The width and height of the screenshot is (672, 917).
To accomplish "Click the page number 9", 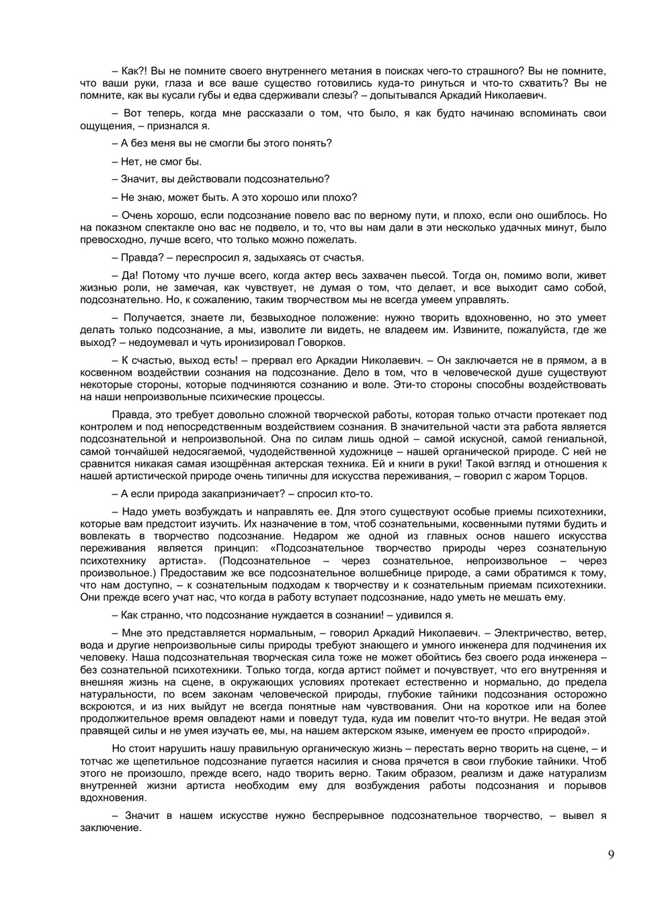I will click(x=610, y=855).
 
